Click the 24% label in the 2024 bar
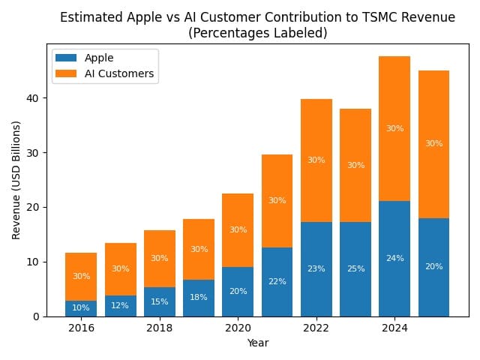pyautogui.click(x=394, y=259)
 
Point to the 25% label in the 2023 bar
pyautogui.click(x=355, y=268)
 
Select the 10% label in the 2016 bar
pyautogui.click(x=81, y=307)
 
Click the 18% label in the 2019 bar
pyautogui.click(x=199, y=298)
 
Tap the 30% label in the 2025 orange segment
pyautogui.click(x=433, y=143)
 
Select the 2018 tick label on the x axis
pyautogui.click(x=159, y=328)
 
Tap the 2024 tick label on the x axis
pyautogui.click(x=394, y=328)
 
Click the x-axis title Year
pyautogui.click(x=257, y=343)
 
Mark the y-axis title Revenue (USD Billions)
pyautogui.click(x=16, y=180)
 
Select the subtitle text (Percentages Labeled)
pyautogui.click(x=257, y=33)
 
